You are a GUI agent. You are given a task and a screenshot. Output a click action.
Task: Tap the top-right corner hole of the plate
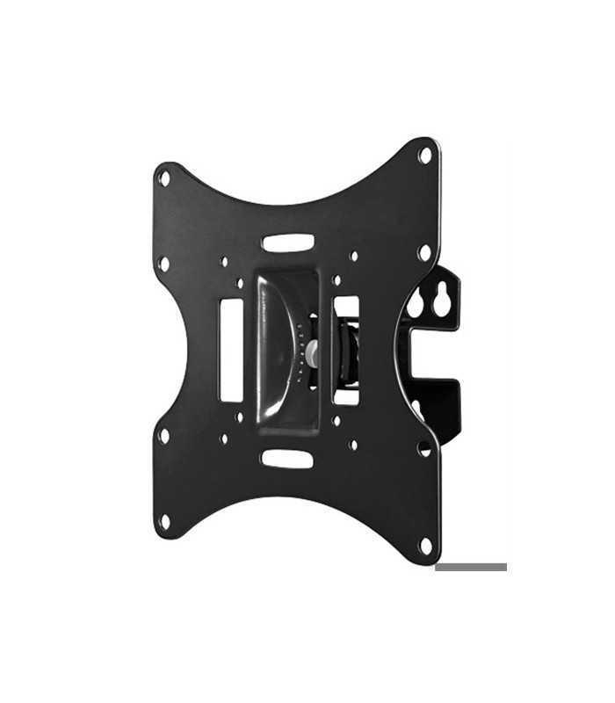pos(426,156)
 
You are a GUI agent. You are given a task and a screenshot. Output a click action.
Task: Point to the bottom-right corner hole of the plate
pos(425,546)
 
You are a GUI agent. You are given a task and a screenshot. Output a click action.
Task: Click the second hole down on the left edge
pos(163,263)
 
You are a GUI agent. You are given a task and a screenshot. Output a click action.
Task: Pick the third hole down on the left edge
pos(163,434)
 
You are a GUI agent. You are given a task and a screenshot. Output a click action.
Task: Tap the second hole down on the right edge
pos(424,253)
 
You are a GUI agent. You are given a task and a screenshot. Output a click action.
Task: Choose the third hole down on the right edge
pos(424,448)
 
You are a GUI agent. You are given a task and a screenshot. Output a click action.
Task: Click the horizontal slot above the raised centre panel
pos(287,242)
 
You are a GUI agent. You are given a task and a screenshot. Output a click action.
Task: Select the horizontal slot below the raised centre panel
pos(287,459)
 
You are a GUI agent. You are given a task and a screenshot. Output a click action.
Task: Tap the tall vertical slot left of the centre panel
pos(232,349)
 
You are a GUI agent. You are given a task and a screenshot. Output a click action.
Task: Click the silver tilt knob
pos(311,352)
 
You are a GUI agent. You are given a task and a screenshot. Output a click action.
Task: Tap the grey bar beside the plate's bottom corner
pos(471,567)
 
